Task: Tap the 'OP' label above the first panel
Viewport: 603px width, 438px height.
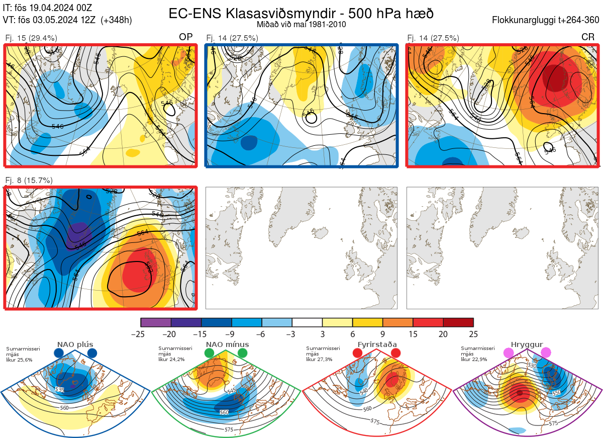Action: pos(186,37)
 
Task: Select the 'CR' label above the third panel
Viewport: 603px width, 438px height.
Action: pos(587,37)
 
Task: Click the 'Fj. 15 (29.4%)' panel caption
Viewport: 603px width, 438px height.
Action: pos(31,38)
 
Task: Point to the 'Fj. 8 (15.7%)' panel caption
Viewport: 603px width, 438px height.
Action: pos(29,180)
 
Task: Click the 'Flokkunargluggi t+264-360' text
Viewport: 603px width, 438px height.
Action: pos(547,20)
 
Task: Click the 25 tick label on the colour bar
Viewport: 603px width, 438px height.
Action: pos(473,334)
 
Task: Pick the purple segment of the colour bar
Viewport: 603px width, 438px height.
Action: pos(156,322)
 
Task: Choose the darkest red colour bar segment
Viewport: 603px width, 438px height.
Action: pos(458,322)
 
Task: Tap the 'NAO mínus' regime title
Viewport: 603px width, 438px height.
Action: pos(227,344)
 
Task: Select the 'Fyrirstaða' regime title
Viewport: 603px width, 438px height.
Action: pos(377,344)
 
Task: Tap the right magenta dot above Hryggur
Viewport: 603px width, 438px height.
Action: pos(546,354)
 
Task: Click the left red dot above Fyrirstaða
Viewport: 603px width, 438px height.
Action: pos(357,354)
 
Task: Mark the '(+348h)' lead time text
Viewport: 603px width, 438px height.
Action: pos(116,20)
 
